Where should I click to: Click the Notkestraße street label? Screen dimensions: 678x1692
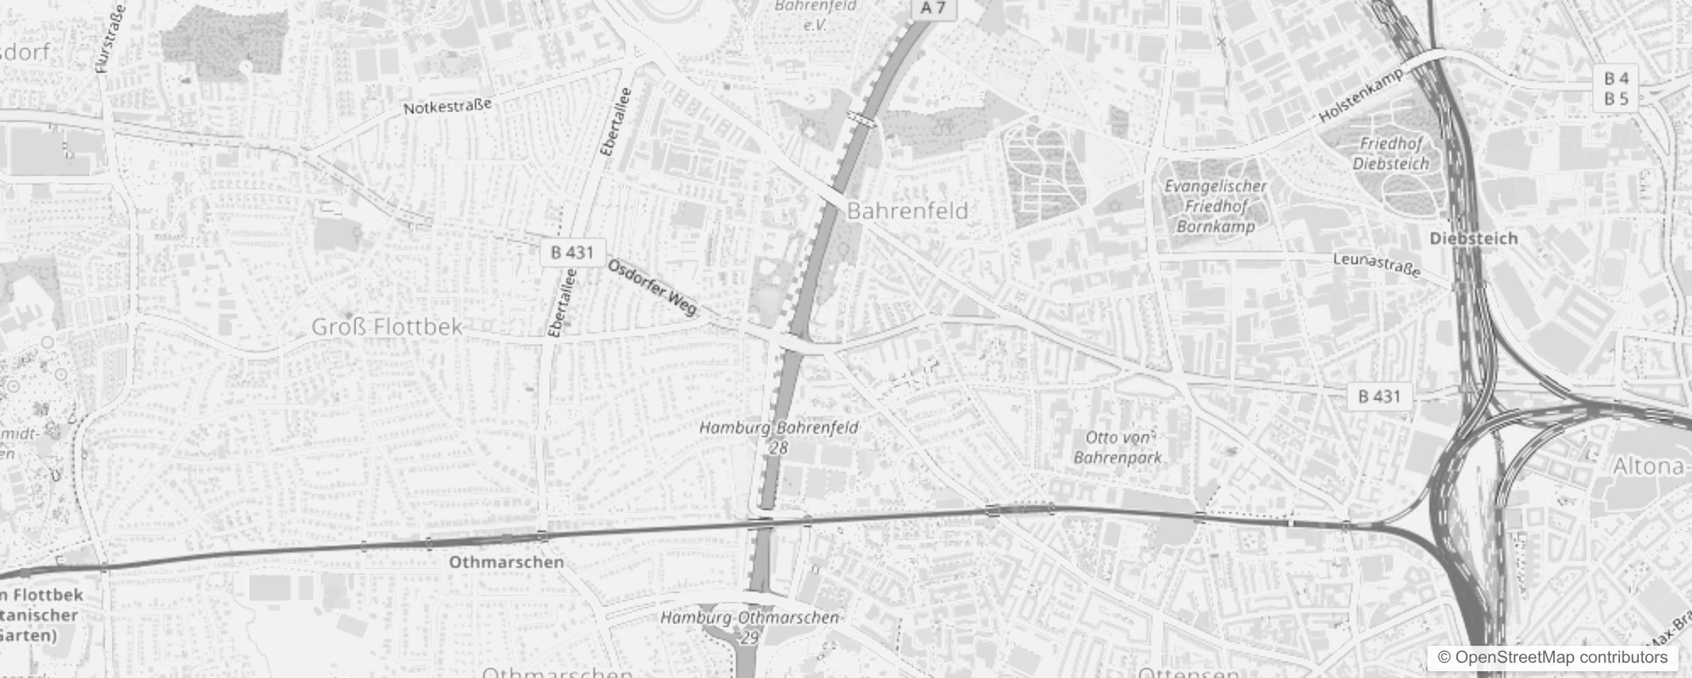tap(447, 107)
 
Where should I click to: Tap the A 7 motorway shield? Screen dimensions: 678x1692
tap(932, 8)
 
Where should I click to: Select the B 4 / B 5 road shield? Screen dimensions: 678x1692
tap(1616, 89)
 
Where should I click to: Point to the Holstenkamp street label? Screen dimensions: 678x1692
tap(1361, 96)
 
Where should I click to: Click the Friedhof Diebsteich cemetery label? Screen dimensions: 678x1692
tap(1390, 153)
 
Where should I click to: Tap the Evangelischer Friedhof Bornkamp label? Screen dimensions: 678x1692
tap(1215, 206)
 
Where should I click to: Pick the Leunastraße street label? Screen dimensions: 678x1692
tap(1376, 264)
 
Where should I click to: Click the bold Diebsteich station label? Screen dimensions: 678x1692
tap(1473, 238)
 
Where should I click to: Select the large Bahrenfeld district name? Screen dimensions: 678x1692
tap(907, 211)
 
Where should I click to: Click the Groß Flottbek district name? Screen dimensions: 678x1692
tap(387, 326)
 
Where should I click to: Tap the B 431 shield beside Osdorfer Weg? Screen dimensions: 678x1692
tap(572, 252)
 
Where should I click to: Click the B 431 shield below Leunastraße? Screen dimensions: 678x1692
tap(1379, 396)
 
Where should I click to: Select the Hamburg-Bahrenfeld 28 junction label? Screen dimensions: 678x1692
tap(778, 436)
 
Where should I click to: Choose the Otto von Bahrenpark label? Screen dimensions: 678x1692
tap(1118, 447)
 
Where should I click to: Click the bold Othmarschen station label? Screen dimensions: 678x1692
tap(506, 562)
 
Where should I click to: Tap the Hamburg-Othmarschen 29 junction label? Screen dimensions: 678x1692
tap(749, 626)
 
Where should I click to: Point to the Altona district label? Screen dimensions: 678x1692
tap(1648, 466)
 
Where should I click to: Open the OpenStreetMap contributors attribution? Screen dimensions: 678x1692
tap(1552, 658)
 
